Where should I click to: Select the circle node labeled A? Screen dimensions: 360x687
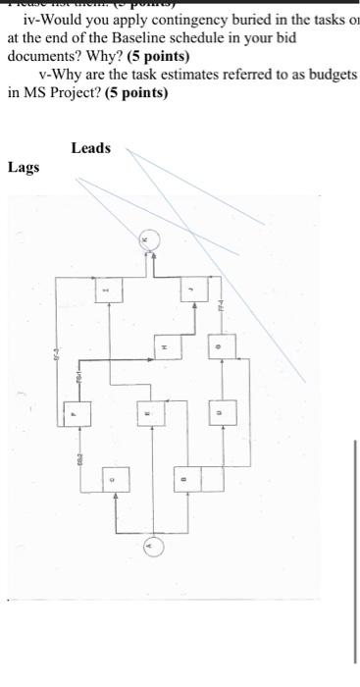[150, 546]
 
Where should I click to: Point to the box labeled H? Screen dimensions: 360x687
[165, 346]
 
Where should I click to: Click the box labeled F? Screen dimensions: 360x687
[72, 416]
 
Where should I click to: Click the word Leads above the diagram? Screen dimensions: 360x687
[91, 148]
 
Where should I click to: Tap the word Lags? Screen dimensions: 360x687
[24, 167]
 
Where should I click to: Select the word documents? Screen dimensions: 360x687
[44, 56]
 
